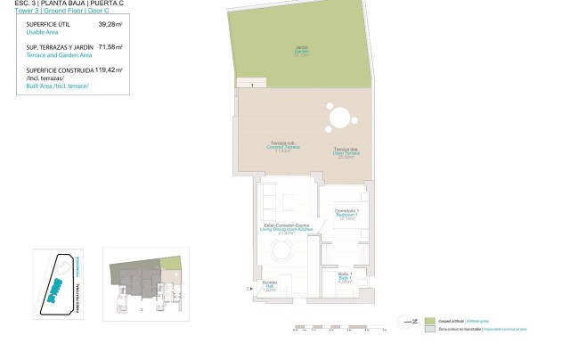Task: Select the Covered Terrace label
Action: (281, 149)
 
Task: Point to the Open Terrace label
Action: (345, 151)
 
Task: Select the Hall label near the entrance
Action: (270, 286)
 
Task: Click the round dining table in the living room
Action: (281, 253)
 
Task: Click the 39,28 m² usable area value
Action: (109, 25)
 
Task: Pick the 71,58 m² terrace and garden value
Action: (110, 45)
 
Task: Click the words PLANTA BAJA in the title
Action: (61, 4)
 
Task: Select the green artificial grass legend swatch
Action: (429, 321)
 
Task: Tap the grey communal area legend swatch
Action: (429, 330)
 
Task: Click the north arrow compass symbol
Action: (409, 321)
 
